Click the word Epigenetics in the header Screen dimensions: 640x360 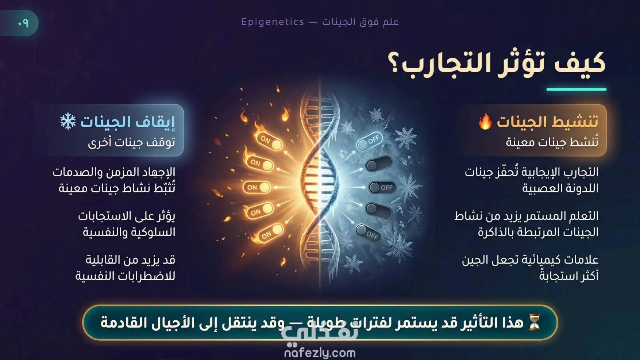[273, 22]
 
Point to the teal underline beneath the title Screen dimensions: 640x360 [576, 89]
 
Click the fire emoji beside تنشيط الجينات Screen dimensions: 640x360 [485, 121]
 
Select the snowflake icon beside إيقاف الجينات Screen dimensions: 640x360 [68, 122]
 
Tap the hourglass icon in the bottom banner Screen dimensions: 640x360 [534, 322]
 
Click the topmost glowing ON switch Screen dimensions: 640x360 [270, 141]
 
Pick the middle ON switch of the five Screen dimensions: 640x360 [257, 187]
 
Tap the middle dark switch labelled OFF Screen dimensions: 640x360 [382, 188]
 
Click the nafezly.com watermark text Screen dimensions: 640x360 [320, 353]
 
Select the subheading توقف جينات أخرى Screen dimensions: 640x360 [132, 142]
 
